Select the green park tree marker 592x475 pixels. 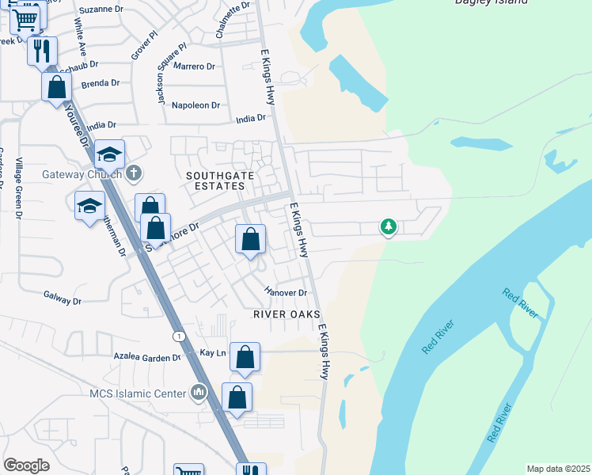(x=388, y=227)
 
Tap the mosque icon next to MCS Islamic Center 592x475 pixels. (x=199, y=392)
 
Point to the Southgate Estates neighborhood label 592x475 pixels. (x=215, y=180)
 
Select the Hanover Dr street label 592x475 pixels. (x=286, y=292)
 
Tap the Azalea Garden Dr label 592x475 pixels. (x=147, y=358)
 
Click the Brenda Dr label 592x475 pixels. (x=100, y=83)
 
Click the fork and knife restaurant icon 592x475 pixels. (x=42, y=51)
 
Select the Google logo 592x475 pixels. (x=27, y=465)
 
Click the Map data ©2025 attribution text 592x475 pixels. (x=558, y=469)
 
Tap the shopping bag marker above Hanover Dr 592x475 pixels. (x=251, y=239)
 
